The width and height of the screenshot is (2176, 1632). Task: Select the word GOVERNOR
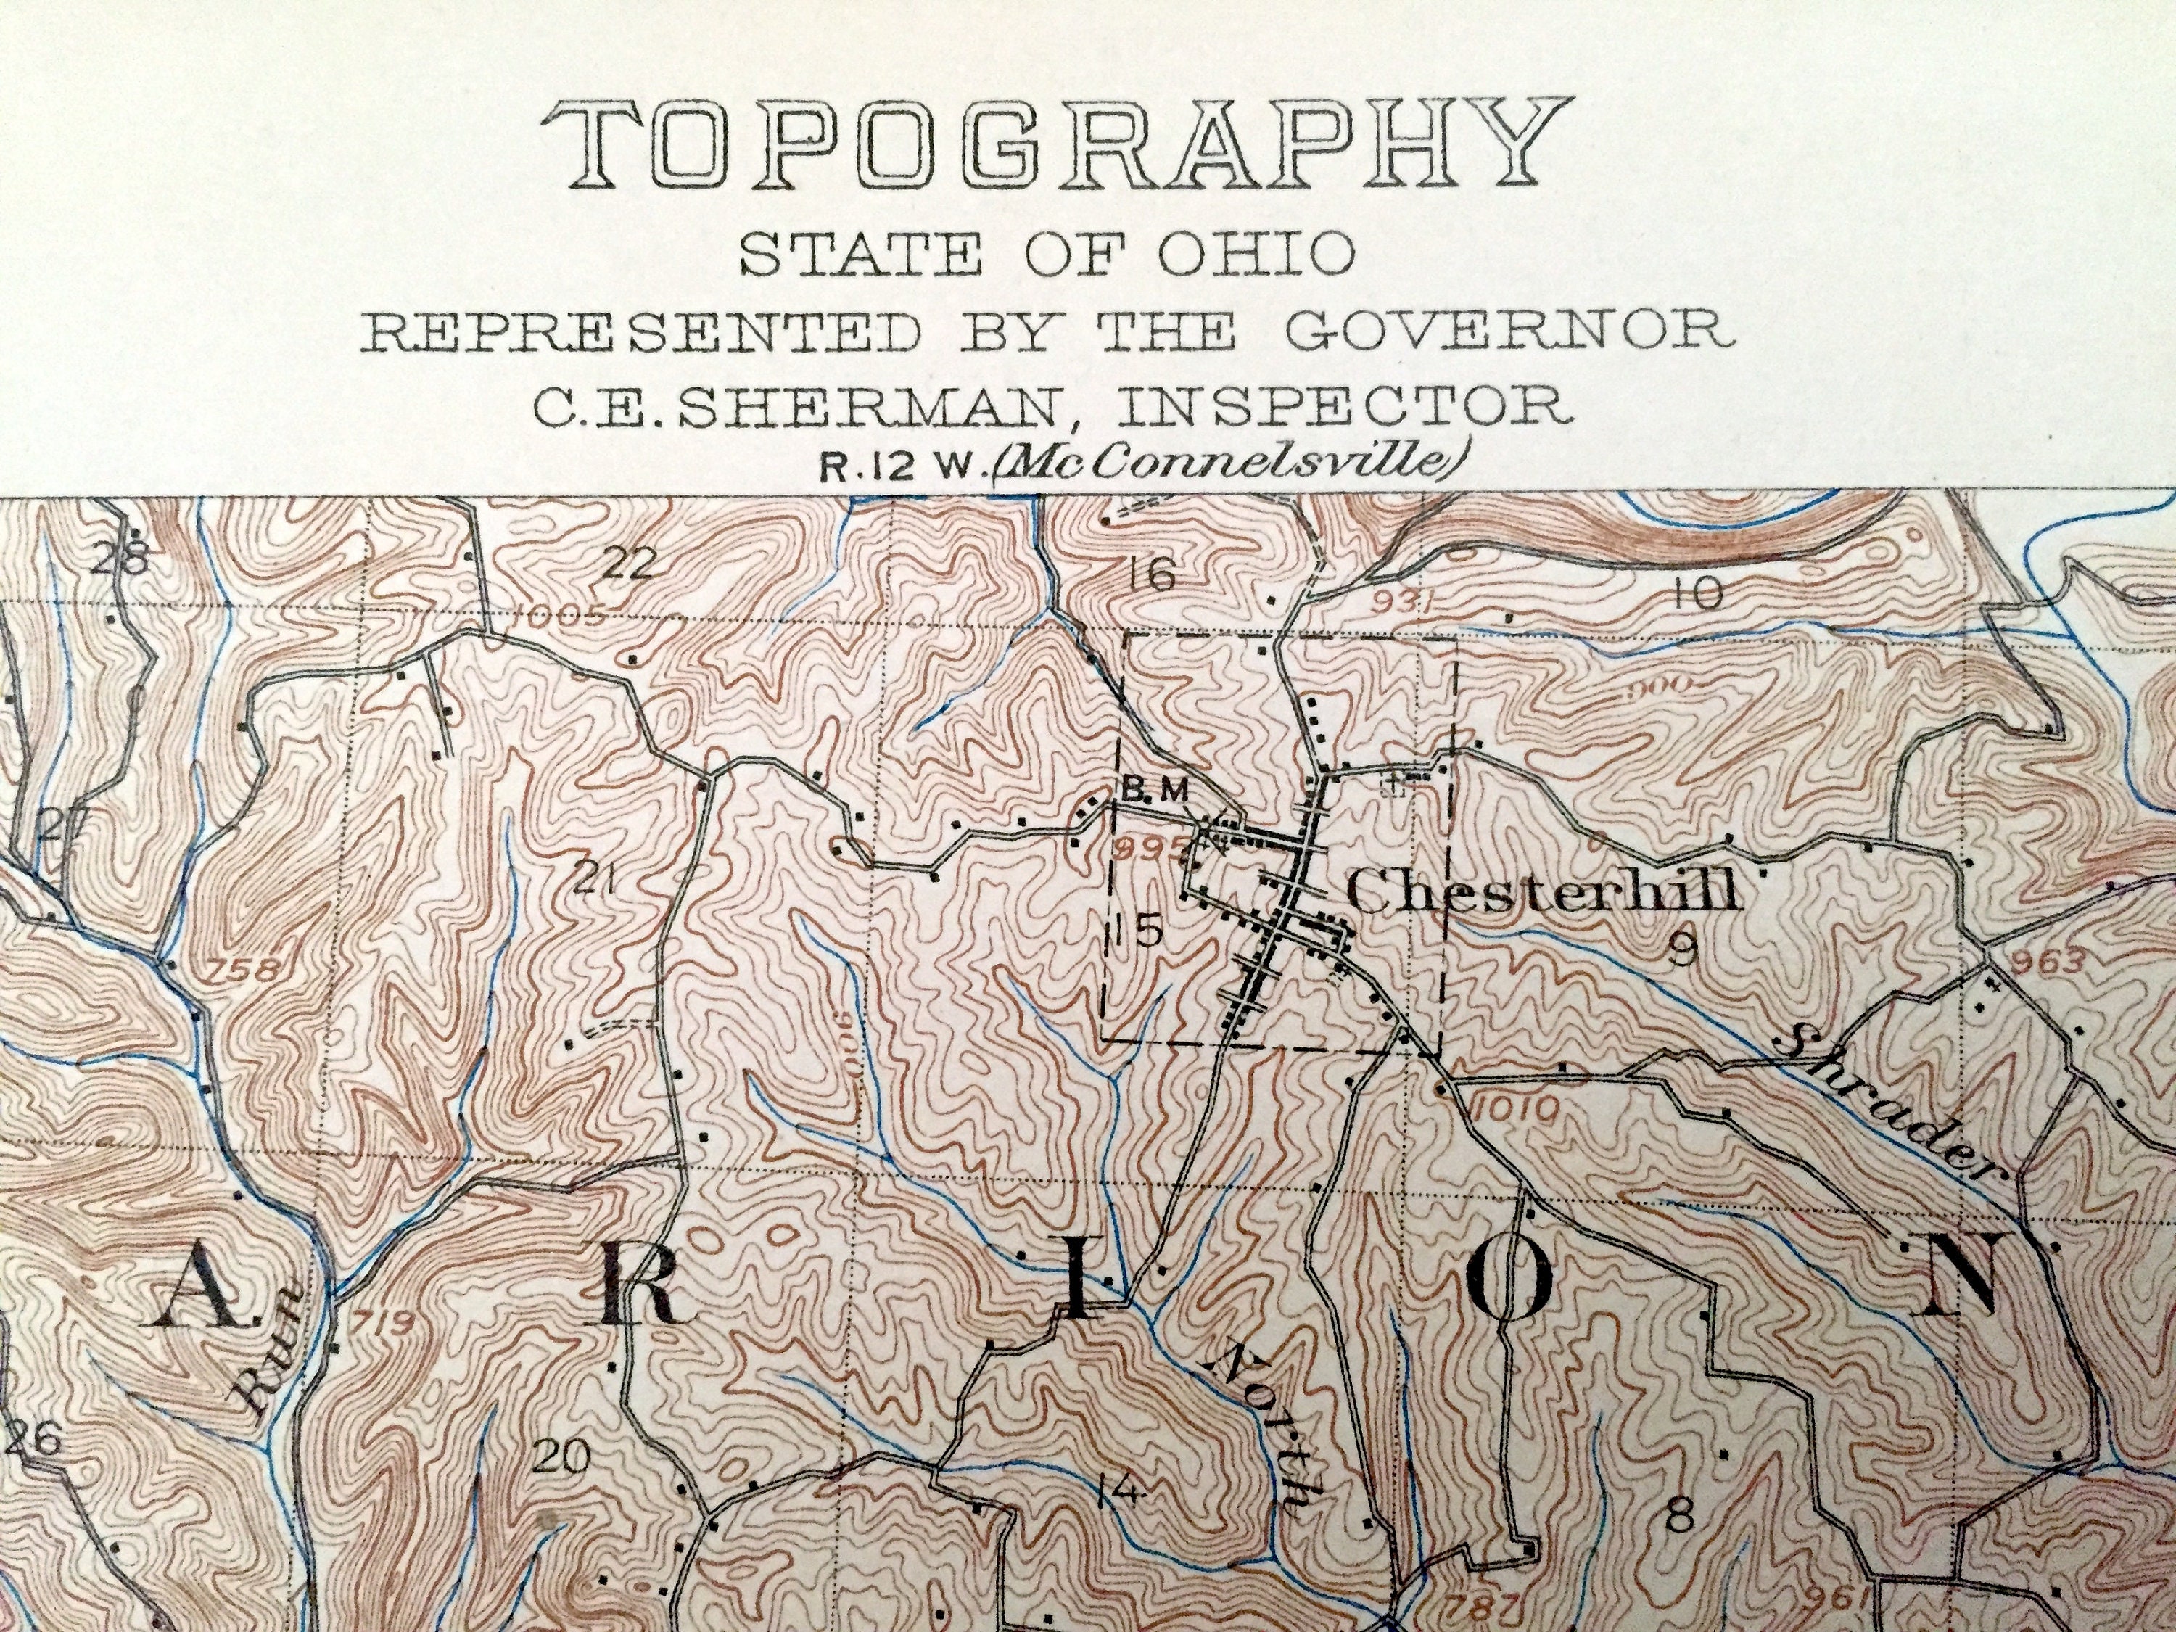[1506, 331]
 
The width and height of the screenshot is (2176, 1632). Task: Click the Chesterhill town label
[1540, 892]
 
